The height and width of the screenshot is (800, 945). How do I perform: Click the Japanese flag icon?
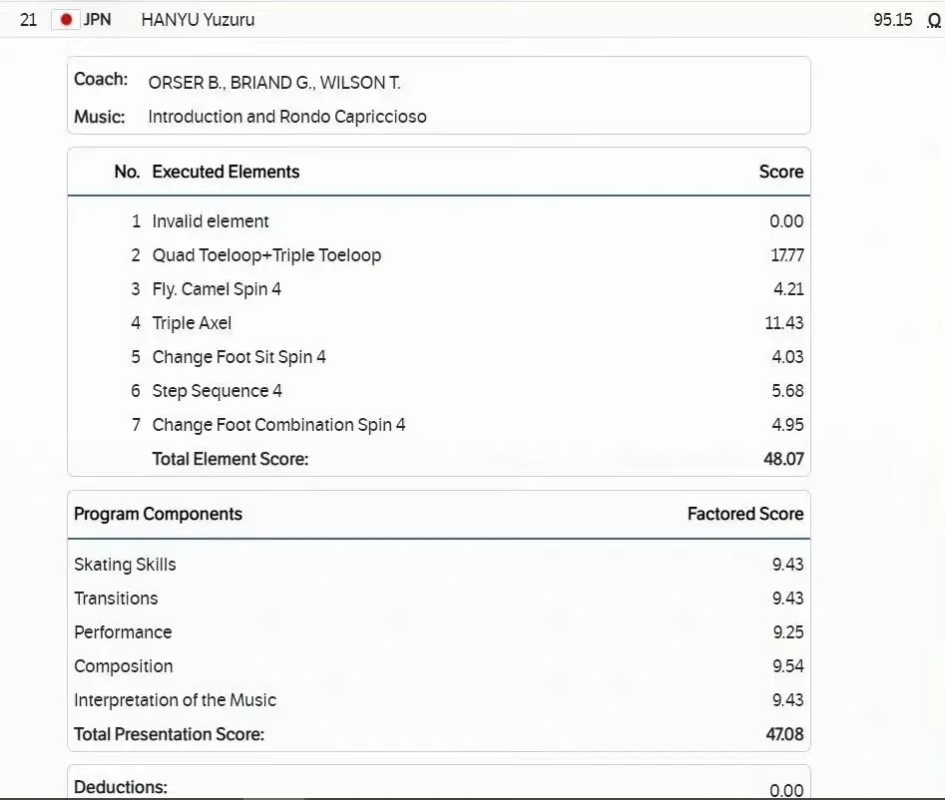[x=66, y=20]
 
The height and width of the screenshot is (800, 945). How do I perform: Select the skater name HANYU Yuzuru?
[x=198, y=20]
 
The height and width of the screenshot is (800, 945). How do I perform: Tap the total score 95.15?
[x=892, y=20]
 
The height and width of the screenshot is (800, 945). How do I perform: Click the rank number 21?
[x=29, y=20]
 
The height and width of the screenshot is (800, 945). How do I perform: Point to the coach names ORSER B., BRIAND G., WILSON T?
[x=274, y=83]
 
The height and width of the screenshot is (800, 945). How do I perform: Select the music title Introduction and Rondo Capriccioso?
[x=287, y=117]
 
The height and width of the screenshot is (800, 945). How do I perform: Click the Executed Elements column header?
[x=226, y=172]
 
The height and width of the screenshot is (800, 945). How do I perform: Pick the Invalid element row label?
[x=211, y=221]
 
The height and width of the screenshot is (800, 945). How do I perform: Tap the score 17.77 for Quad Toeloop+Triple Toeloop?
[x=786, y=255]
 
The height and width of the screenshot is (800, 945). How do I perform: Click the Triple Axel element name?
[x=192, y=323]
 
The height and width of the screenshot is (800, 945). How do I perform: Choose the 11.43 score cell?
[x=784, y=323]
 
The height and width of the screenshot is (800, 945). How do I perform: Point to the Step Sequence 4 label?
[x=217, y=391]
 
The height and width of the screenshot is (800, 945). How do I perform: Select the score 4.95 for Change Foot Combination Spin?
[x=787, y=425]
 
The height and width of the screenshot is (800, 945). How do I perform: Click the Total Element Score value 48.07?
[x=783, y=459]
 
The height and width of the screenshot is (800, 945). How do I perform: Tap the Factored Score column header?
[x=744, y=514]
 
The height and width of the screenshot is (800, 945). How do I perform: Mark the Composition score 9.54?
[x=787, y=666]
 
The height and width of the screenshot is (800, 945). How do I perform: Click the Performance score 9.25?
[x=787, y=632]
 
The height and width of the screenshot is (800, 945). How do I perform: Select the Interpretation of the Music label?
[x=175, y=700]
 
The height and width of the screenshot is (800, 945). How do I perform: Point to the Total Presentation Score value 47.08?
[x=784, y=734]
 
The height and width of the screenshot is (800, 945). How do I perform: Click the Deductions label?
[x=121, y=787]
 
